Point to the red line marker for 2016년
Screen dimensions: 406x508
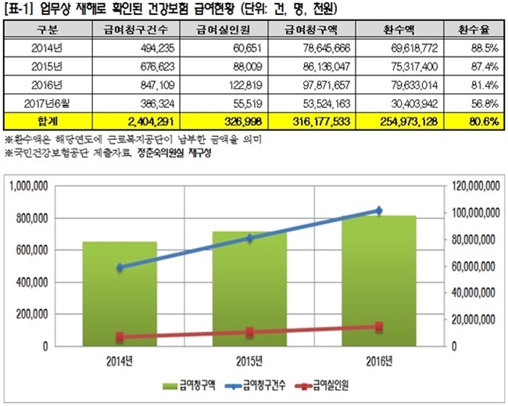tap(379, 326)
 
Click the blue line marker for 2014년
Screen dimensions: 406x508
tap(120, 268)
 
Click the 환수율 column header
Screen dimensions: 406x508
tap(474, 31)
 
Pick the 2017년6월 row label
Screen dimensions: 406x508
tap(41, 102)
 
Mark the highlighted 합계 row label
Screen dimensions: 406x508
tap(41, 121)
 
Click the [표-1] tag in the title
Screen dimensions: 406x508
tap(20, 8)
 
